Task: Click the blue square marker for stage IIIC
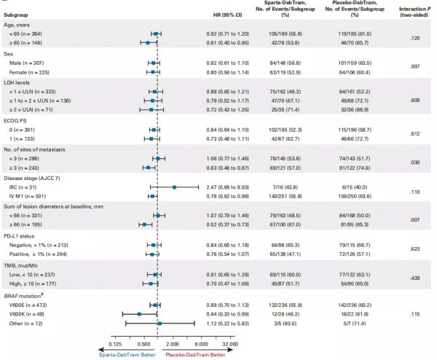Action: tap(174, 187)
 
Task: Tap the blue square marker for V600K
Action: tap(139, 314)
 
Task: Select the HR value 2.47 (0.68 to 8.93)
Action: tap(227, 187)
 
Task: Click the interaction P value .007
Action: tap(414, 220)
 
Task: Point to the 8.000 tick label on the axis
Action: tap(201, 344)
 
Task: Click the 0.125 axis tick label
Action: tap(115, 344)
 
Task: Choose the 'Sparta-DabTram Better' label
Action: tap(127, 355)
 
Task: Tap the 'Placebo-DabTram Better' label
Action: tap(195, 355)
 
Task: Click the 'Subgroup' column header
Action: tap(16, 15)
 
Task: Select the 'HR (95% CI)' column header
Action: tap(228, 15)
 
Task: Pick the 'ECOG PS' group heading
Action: tap(15, 121)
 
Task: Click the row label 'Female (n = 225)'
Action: tap(29, 72)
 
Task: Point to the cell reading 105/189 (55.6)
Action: tap(285, 34)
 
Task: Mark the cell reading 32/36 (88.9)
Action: tap(355, 110)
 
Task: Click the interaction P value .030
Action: tap(414, 163)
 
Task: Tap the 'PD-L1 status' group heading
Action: tap(19, 236)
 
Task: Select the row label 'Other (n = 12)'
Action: tap(25, 324)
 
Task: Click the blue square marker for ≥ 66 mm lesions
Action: tap(144, 224)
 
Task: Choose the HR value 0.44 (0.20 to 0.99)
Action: tap(227, 314)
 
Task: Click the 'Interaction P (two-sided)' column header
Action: tap(414, 12)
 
